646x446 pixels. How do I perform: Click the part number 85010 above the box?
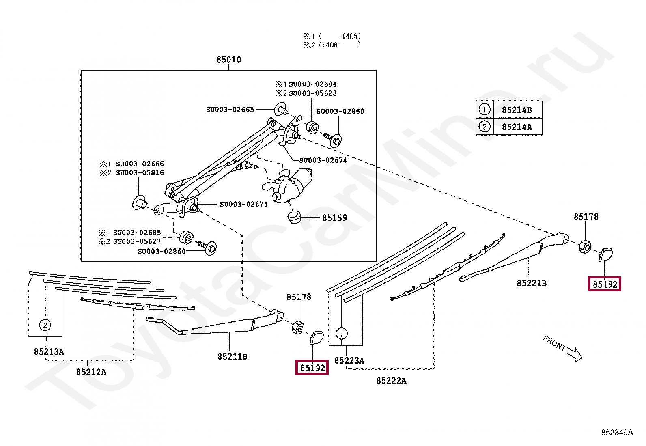tap(229, 60)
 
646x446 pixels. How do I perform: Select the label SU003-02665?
tap(230, 110)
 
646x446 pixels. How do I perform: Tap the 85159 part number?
tap(334, 218)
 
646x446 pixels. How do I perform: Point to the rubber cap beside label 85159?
tap(294, 217)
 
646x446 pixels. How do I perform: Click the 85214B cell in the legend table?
tap(517, 110)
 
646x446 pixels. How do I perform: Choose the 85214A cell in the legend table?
tap(517, 127)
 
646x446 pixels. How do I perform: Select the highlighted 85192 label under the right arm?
tap(605, 284)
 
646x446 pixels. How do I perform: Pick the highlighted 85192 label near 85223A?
tap(312, 368)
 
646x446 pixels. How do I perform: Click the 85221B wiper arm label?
tap(532, 283)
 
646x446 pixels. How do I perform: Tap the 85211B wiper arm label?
tap(233, 357)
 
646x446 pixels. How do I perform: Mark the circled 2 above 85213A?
tap(45, 325)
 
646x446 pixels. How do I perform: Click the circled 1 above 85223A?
tap(342, 334)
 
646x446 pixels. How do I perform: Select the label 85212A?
tap(91, 372)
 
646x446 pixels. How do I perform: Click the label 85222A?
tap(391, 381)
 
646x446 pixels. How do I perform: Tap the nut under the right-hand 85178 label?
tap(585, 246)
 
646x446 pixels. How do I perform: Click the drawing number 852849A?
tap(617, 433)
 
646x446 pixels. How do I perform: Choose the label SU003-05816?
tap(140, 173)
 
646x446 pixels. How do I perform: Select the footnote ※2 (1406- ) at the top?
tap(332, 45)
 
